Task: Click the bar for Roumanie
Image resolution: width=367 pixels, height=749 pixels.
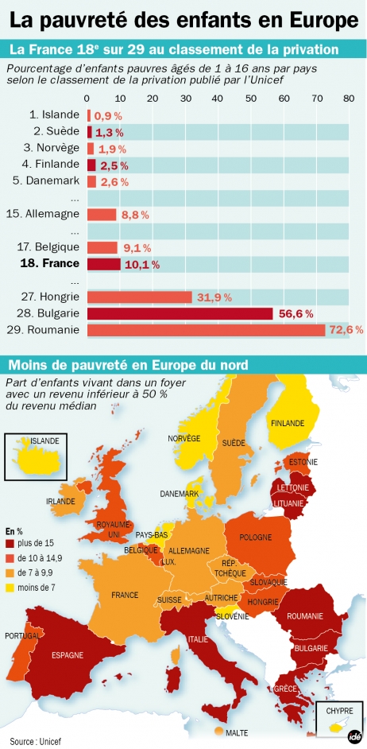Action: pos(206,330)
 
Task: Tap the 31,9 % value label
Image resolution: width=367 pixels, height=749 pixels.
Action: pos(213,297)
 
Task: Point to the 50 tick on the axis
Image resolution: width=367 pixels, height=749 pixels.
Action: pos(250,99)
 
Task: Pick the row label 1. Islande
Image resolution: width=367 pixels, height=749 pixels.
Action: pos(55,114)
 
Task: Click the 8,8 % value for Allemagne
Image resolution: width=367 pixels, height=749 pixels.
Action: pos(135,215)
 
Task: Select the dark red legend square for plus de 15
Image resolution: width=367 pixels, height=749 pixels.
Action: pos(10,543)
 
